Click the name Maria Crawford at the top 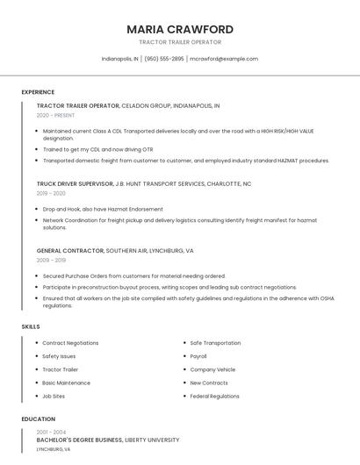click(180, 29)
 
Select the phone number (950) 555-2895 click(164, 59)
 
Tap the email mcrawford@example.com click(224, 59)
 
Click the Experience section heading click(38, 92)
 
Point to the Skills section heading click(31, 326)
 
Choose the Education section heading click(38, 419)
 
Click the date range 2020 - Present click(55, 115)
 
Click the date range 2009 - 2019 click(51, 260)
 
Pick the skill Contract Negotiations click(70, 343)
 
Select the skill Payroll click(198, 356)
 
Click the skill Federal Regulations click(214, 396)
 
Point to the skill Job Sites click(54, 396)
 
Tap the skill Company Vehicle click(212, 369)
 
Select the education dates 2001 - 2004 click(51, 432)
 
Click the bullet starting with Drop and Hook click(103, 209)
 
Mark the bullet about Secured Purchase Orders click(133, 275)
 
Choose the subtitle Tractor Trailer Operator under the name click(180, 42)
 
